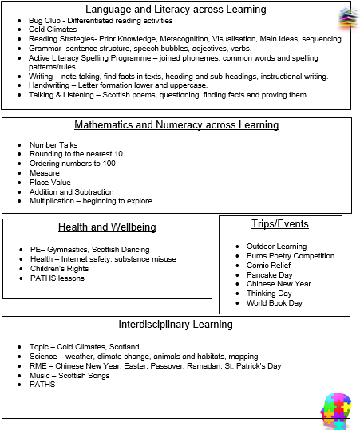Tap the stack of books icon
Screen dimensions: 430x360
(346, 17)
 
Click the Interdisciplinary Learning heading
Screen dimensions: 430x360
(176, 325)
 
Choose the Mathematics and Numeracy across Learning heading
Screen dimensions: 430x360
(176, 125)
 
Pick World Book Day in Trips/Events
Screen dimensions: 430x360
(275, 303)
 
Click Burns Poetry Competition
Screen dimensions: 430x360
(291, 256)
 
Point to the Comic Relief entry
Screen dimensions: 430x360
(269, 265)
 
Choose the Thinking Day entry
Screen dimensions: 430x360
(268, 294)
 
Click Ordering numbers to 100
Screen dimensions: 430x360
(73, 164)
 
